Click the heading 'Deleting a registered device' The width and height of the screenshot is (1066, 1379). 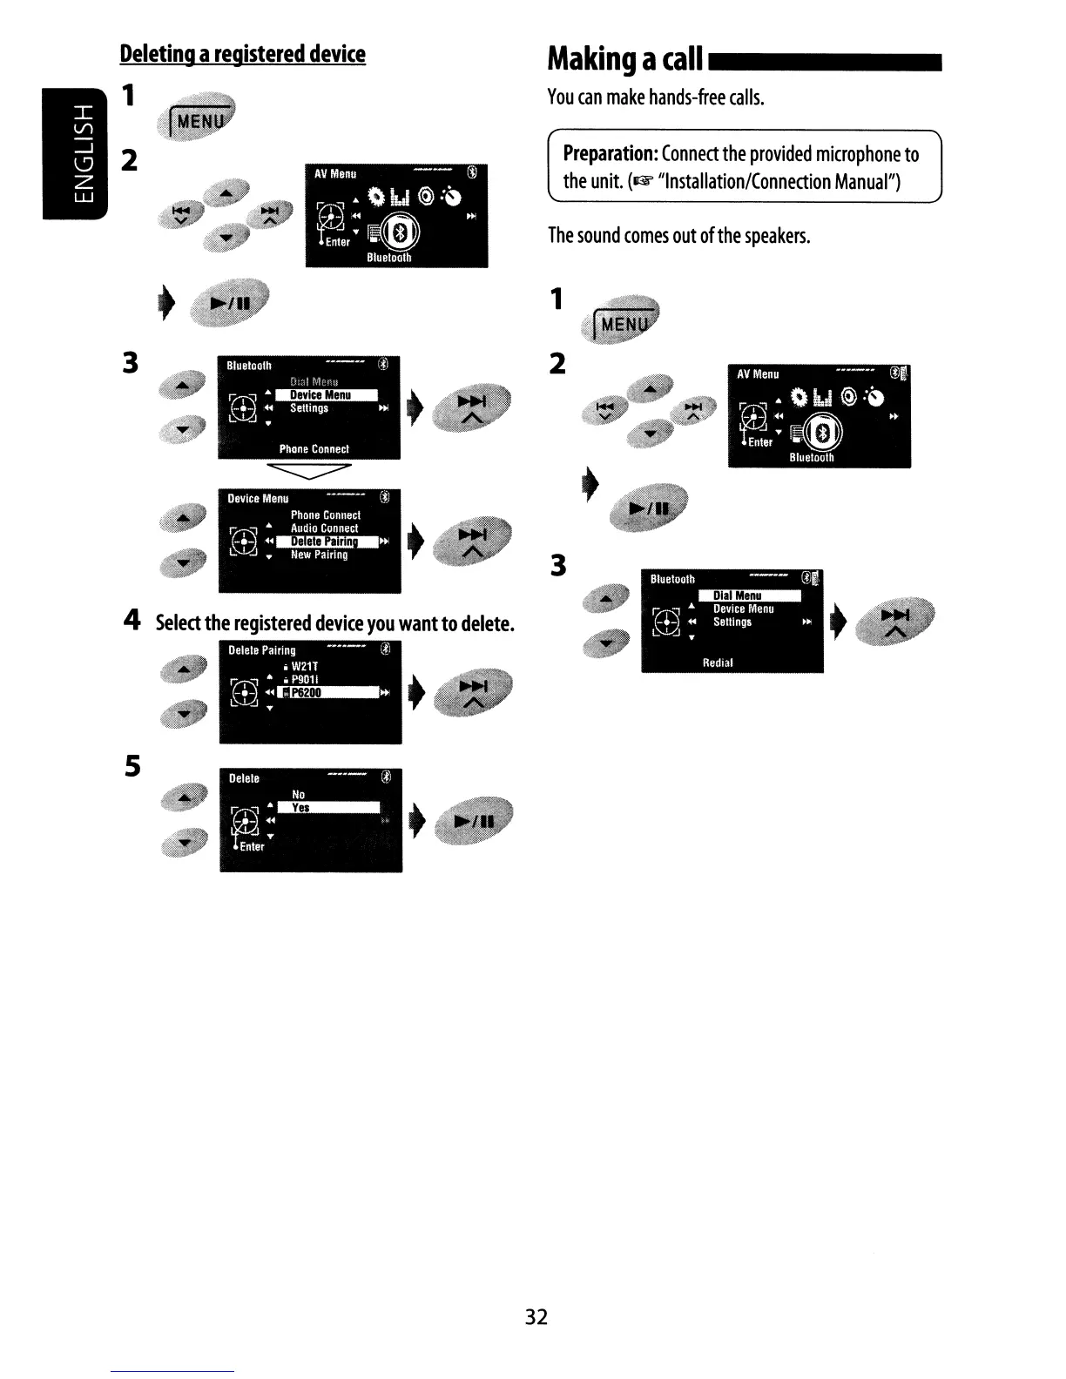242,54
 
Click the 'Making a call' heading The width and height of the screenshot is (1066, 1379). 624,59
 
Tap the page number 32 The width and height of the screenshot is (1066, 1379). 536,1316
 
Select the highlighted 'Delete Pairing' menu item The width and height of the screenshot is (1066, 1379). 325,542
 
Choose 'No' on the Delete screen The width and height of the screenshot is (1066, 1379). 299,794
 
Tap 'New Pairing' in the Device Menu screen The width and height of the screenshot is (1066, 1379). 319,555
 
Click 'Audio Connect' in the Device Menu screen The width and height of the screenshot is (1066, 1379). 324,528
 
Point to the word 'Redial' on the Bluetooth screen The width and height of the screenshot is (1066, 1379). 718,663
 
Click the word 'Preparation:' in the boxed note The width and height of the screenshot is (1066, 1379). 610,154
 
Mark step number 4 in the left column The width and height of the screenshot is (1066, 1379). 132,620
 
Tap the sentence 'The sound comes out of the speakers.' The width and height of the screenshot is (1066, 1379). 679,235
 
